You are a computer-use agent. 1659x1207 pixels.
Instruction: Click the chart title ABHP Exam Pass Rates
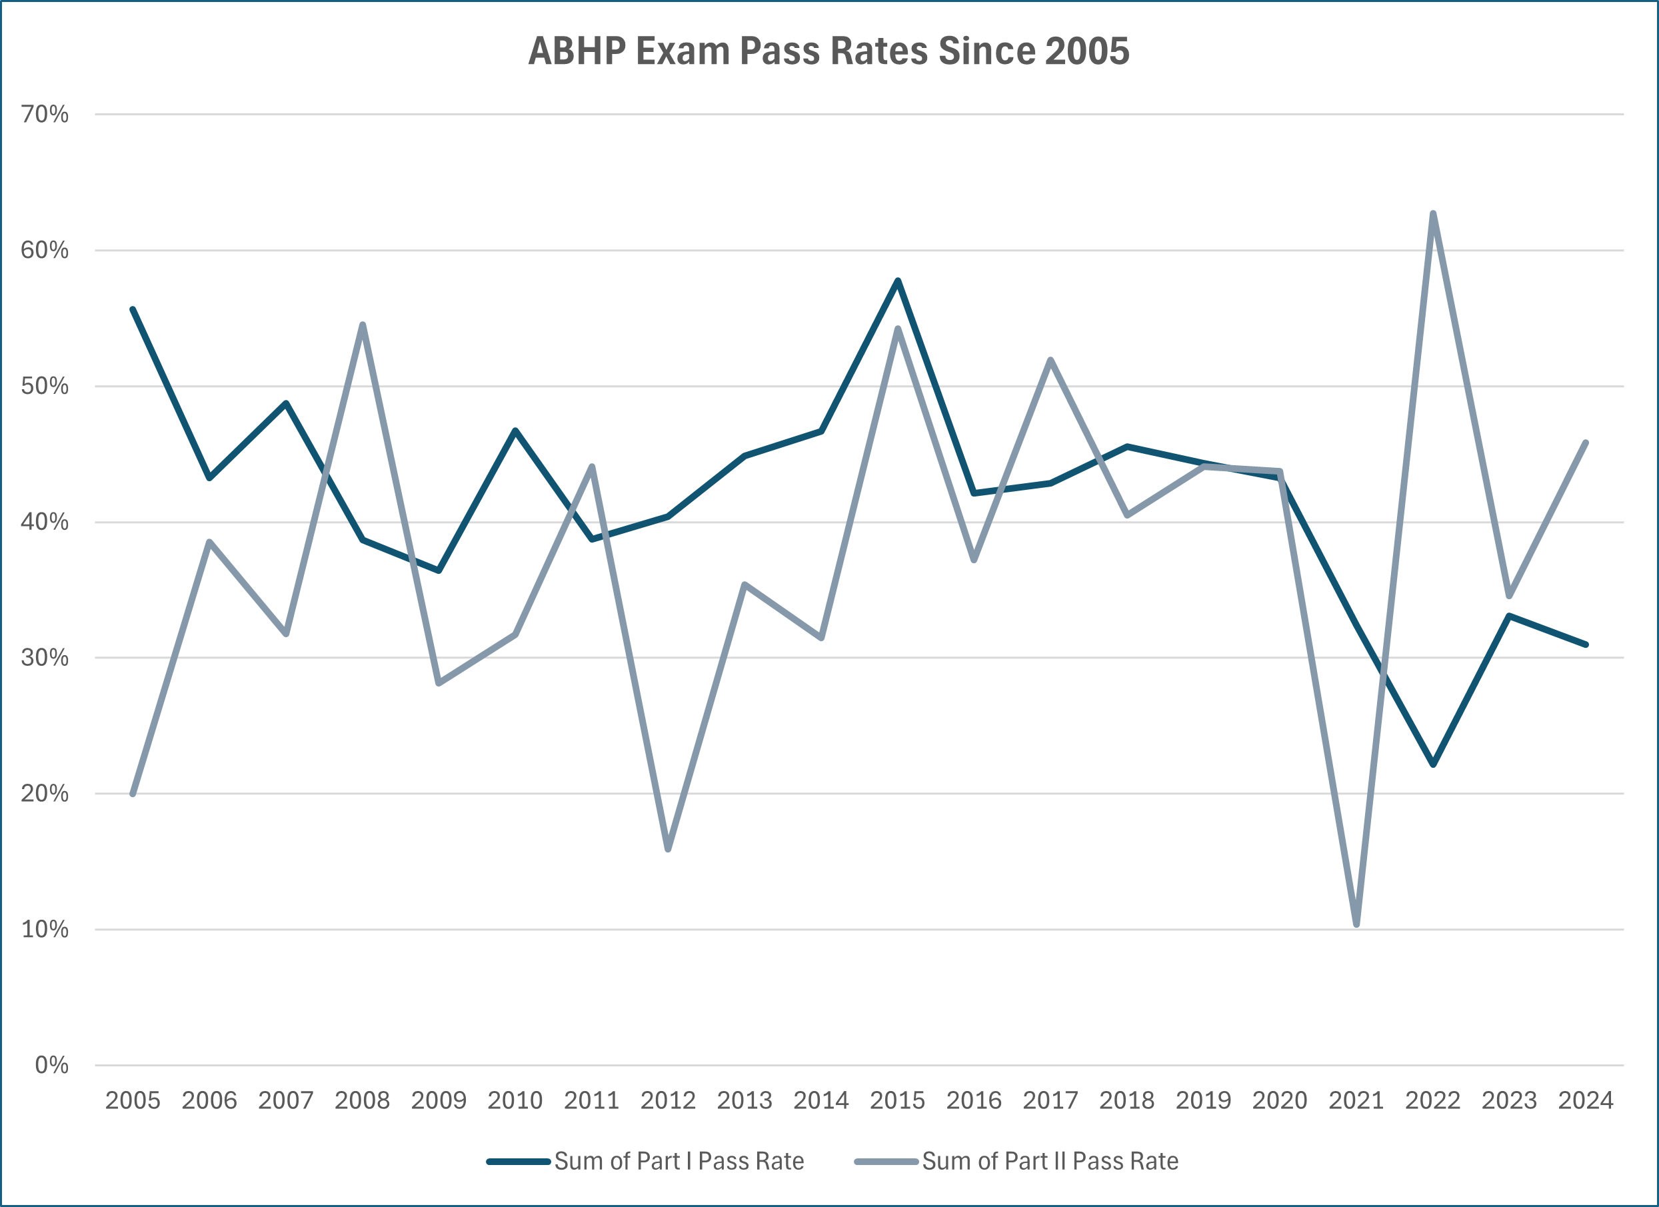coord(829,51)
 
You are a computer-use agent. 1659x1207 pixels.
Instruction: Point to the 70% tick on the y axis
coord(45,114)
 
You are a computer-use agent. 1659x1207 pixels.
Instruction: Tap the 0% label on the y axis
coord(51,1065)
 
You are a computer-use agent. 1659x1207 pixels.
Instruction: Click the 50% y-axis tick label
coord(45,387)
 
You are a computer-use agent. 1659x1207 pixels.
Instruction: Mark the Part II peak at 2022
coord(1433,213)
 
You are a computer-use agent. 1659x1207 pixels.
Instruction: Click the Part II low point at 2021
coord(1356,924)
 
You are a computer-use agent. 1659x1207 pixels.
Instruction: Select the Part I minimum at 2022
coord(1433,764)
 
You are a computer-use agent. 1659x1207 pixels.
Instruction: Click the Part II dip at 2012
coord(668,848)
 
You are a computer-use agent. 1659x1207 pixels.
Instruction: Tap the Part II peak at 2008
coord(362,325)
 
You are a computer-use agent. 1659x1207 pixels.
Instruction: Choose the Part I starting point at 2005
coord(133,309)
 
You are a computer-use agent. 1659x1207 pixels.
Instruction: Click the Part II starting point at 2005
coord(133,794)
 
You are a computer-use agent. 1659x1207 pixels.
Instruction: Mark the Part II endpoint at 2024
coord(1585,443)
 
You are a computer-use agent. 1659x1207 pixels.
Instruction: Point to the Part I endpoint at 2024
coord(1585,644)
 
